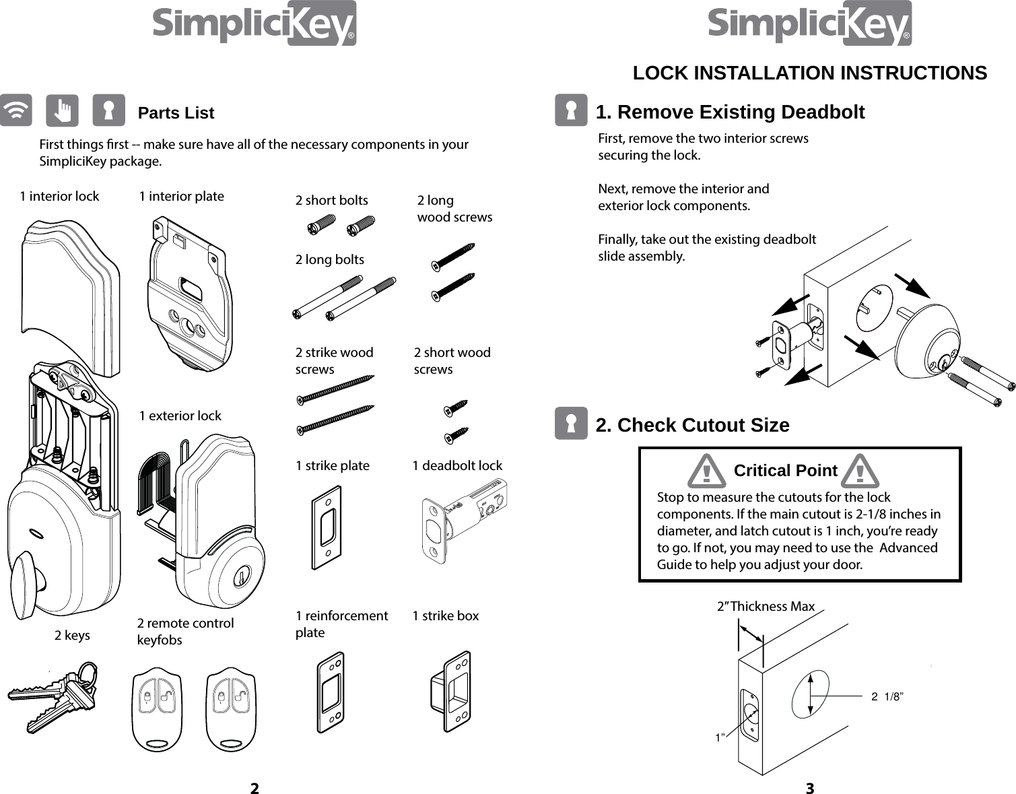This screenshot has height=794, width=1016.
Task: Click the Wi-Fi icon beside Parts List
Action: pos(16,110)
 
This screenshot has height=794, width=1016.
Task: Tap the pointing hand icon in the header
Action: pos(62,110)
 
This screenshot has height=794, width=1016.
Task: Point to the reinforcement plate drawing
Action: pos(331,692)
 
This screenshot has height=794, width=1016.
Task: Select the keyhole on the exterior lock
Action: pos(238,578)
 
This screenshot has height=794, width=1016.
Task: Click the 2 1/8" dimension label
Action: pos(887,696)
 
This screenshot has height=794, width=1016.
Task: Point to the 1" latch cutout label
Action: pos(720,738)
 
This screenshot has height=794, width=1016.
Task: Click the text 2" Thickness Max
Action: pos(766,606)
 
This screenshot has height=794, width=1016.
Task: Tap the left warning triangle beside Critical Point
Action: pos(706,471)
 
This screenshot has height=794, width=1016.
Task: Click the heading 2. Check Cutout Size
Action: pos(692,425)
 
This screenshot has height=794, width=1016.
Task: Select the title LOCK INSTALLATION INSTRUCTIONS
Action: pos(809,73)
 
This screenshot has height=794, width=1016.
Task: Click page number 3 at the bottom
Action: pos(809,788)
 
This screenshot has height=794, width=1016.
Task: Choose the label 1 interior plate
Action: pos(181,196)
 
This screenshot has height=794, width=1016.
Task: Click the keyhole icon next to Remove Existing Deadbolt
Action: pos(571,110)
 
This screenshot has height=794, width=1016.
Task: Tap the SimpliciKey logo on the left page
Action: pos(254,24)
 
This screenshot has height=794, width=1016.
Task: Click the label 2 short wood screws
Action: pos(452,360)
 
